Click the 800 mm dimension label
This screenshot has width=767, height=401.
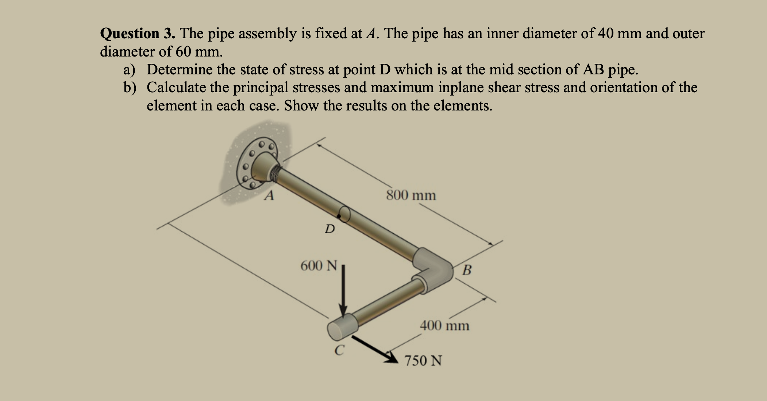pyautogui.click(x=411, y=195)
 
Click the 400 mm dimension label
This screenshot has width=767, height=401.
pyautogui.click(x=444, y=325)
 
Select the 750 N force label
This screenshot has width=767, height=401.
pyautogui.click(x=423, y=361)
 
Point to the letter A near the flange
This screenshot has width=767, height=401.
pyautogui.click(x=269, y=196)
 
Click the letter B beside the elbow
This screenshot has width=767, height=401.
pyautogui.click(x=467, y=270)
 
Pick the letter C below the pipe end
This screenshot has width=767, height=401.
pyautogui.click(x=339, y=350)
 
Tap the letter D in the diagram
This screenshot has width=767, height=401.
pyautogui.click(x=329, y=229)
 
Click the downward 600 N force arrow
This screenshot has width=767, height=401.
pyautogui.click(x=343, y=292)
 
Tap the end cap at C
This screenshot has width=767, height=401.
pyautogui.click(x=342, y=327)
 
